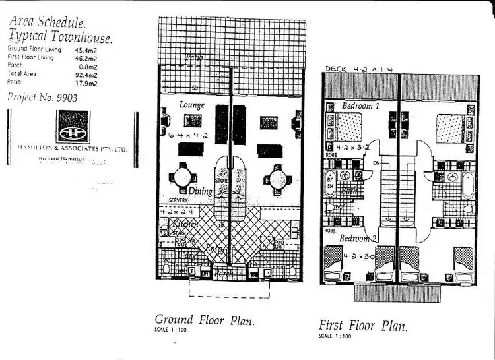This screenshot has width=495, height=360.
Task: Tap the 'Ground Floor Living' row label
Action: (x=32, y=49)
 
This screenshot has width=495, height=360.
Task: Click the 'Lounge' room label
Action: (x=192, y=105)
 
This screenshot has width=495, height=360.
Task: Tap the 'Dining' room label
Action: (x=200, y=191)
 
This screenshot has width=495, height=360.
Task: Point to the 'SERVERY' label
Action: (x=179, y=200)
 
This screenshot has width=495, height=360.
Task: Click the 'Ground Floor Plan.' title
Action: (x=205, y=320)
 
